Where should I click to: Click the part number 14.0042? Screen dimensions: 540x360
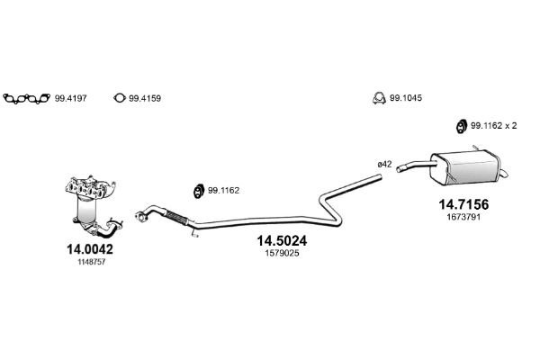89,249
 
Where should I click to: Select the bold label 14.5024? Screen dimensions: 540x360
282,241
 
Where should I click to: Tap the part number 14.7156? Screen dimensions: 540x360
463,204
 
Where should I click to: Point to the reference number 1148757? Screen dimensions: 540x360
91,262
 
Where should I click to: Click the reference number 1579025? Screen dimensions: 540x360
282,253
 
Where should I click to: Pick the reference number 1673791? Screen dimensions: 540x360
463,217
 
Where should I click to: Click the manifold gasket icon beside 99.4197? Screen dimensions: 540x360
26,98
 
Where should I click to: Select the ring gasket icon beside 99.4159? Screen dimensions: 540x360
119,98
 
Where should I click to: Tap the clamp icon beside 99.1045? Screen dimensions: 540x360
379,98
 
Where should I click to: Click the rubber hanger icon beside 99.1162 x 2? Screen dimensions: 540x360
461,126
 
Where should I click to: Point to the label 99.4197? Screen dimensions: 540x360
70,98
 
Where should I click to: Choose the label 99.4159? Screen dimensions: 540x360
145,98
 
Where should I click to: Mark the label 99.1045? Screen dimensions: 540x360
406,98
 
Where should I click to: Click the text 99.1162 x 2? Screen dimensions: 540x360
493,126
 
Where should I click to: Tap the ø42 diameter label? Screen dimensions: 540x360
384,165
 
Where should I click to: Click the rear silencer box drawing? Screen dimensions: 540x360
465,167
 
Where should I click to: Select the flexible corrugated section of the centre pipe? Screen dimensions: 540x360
176,218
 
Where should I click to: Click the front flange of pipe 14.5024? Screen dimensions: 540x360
140,216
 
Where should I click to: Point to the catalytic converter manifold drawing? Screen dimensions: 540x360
93,206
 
